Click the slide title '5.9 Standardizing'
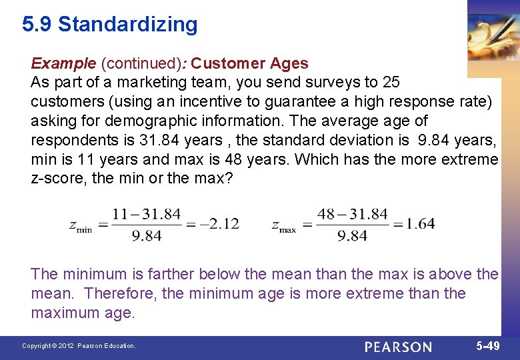(110, 25)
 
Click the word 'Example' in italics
(63, 63)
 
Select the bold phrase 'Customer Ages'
(250, 63)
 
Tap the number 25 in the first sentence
(391, 83)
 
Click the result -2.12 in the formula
(219, 223)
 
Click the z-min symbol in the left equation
(81, 225)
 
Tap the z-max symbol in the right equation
(283, 225)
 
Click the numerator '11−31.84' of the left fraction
(147, 214)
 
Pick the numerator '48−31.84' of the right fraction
(353, 214)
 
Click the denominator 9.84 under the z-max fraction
(353, 235)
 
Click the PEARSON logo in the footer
(398, 347)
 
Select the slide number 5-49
(488, 346)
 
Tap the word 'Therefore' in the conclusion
(118, 293)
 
